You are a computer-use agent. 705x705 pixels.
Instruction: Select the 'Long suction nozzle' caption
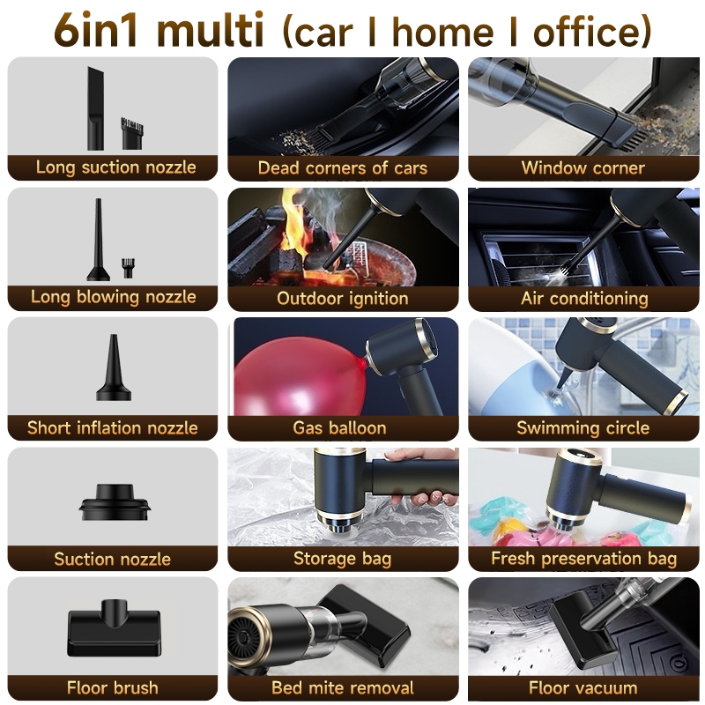coord(116,167)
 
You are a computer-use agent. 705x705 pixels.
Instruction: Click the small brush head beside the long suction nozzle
coord(132,133)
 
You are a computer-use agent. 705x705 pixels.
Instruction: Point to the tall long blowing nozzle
coord(98,240)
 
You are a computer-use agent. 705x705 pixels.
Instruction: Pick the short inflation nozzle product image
coord(114,367)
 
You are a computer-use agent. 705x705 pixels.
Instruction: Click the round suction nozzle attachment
coord(115,502)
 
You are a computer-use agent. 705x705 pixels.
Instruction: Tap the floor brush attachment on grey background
coord(115,627)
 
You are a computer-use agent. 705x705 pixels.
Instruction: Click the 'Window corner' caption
coord(583,167)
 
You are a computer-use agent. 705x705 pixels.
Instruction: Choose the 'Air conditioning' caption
coord(584,298)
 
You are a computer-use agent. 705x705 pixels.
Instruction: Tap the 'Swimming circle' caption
coord(583,428)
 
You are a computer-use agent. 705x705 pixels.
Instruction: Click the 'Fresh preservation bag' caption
coord(584,559)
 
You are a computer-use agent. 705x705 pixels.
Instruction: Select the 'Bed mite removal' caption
coord(343,688)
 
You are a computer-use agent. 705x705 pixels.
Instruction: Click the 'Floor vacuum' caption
coord(583,688)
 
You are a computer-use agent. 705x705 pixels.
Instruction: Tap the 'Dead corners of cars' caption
coord(343,167)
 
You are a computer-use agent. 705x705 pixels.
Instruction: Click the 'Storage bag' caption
coord(343,559)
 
